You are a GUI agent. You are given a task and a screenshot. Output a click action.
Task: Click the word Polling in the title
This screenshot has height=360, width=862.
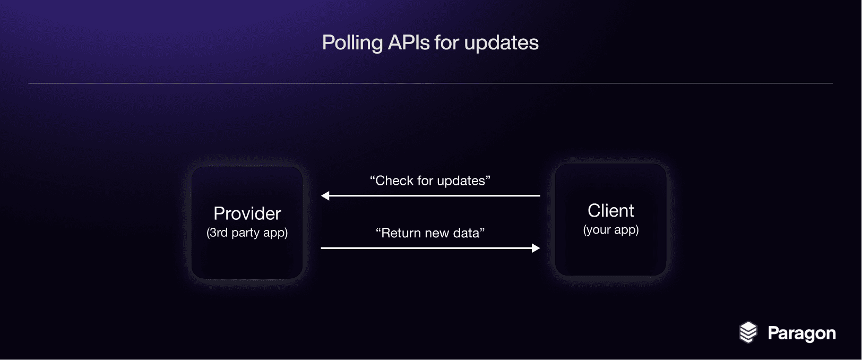coord(352,42)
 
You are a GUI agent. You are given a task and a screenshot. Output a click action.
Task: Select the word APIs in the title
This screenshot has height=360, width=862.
coord(409,42)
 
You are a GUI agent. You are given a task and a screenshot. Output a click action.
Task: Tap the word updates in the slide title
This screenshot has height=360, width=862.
coord(501,42)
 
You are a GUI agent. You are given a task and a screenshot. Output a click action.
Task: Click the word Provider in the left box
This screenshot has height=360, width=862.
coord(247,213)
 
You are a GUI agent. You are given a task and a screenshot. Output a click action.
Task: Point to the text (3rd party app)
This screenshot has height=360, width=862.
coord(247,233)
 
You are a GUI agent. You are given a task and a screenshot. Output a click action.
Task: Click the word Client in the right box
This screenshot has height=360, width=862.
coord(611,210)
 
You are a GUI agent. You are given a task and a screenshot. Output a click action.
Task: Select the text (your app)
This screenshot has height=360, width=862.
coord(611,230)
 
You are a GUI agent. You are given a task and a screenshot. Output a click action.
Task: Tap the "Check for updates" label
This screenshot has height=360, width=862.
coord(430,181)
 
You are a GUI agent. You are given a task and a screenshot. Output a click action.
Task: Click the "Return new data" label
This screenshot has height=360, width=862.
coord(430,233)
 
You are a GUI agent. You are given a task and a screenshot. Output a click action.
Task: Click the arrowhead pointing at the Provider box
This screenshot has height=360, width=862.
coord(325,195)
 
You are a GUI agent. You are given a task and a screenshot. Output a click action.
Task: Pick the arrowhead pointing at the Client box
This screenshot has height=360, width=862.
coord(536,248)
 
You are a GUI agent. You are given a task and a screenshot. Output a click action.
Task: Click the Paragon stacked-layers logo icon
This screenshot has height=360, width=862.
coord(748,332)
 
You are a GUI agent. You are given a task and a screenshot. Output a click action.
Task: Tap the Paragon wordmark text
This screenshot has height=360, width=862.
coord(801,333)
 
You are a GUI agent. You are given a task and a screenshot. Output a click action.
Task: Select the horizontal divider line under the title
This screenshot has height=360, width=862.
coord(430,83)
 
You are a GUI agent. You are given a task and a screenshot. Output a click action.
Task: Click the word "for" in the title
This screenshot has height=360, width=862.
coord(447,42)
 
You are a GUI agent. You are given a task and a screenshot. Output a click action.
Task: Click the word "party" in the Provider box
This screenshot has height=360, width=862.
coord(246,233)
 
